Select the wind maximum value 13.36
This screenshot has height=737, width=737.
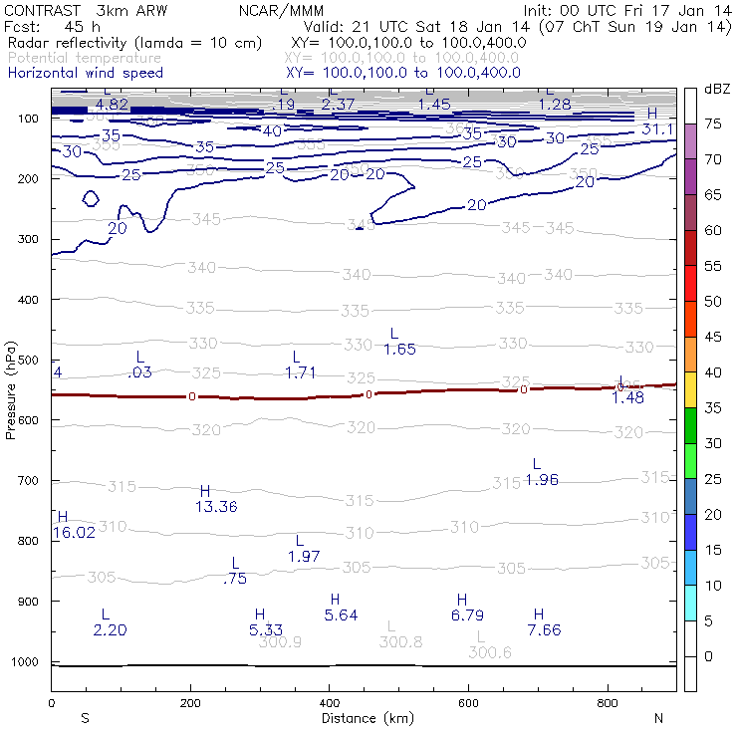tap(216, 507)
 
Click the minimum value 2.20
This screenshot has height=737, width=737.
tap(111, 629)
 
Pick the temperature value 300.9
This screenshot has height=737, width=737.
tap(280, 641)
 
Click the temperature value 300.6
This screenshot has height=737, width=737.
tap(490, 652)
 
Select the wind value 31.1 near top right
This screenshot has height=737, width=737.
tap(657, 129)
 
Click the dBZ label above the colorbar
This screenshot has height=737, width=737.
tap(717, 90)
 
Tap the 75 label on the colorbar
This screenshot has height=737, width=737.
tap(714, 123)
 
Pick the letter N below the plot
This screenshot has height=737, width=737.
tap(658, 718)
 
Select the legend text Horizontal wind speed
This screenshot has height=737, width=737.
tap(86, 73)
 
